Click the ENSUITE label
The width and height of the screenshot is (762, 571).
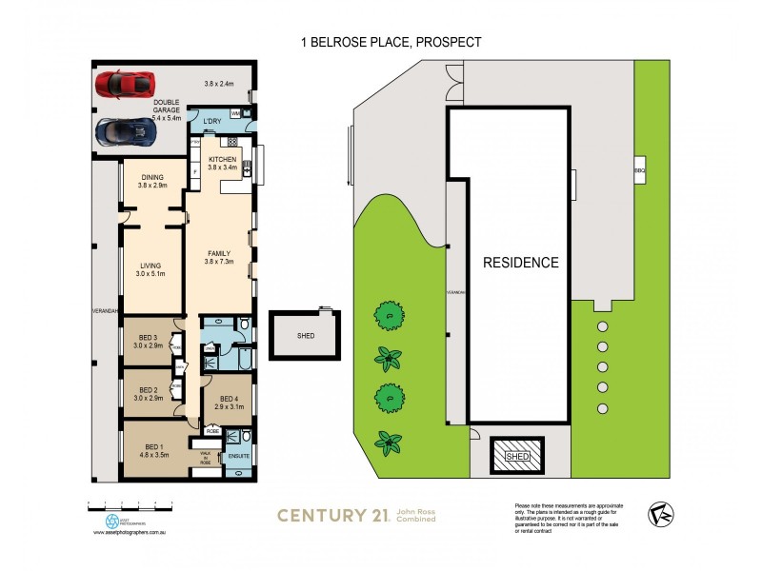239,456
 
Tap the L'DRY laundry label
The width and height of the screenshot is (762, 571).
211,121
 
